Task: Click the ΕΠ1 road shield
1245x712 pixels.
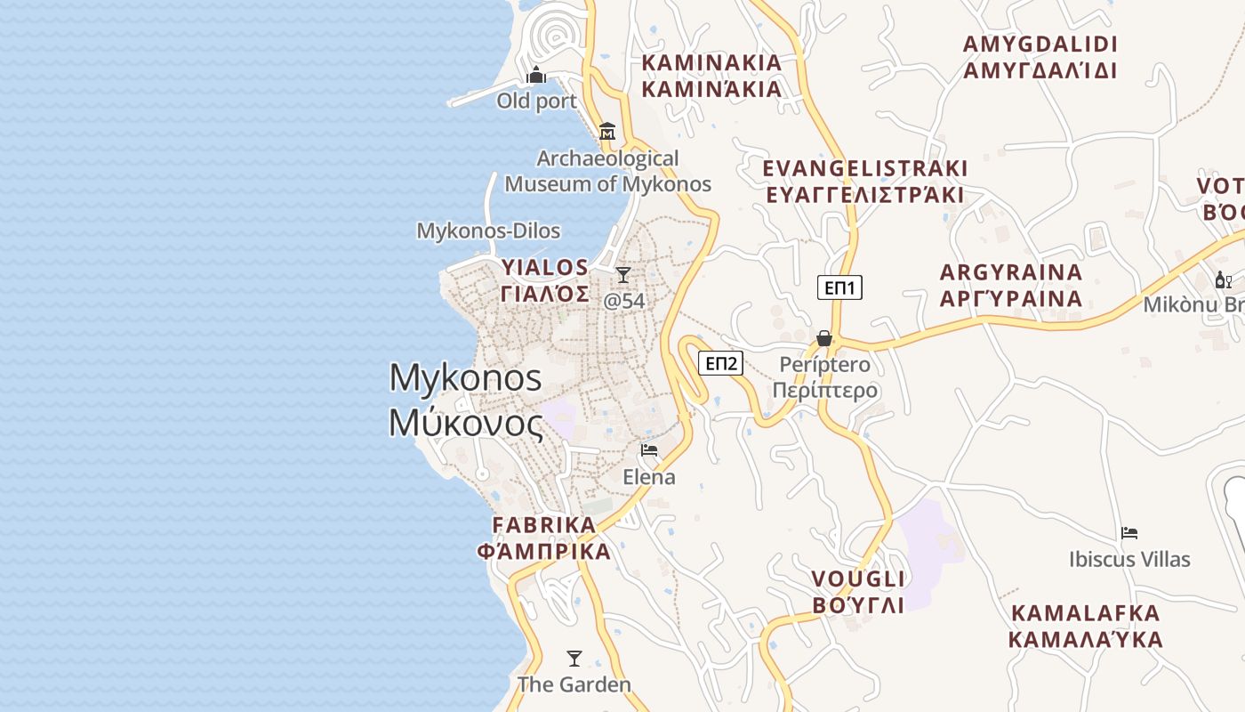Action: click(839, 287)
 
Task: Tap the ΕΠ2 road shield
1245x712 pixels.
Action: click(720, 363)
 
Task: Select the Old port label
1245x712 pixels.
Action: click(536, 101)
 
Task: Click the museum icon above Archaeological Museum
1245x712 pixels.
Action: click(607, 132)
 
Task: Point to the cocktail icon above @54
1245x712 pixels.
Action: click(623, 275)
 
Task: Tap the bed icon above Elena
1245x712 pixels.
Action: click(649, 450)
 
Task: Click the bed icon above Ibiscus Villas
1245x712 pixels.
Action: click(1129, 533)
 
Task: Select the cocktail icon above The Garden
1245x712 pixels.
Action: click(574, 659)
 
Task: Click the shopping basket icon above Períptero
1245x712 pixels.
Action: click(824, 339)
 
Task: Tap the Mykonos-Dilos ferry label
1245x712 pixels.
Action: click(488, 231)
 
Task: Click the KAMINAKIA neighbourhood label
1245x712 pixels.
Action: click(711, 76)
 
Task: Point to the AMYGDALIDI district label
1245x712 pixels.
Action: click(1040, 57)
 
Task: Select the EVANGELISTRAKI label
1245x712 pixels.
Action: click(864, 182)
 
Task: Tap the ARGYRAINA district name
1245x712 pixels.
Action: click(1011, 285)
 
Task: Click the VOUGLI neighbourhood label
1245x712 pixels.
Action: click(858, 592)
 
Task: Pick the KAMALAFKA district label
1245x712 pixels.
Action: click(1085, 626)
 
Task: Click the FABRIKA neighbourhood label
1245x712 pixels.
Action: click(544, 538)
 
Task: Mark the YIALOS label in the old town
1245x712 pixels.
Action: click(544, 280)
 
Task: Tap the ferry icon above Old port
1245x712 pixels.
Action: click(536, 75)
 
